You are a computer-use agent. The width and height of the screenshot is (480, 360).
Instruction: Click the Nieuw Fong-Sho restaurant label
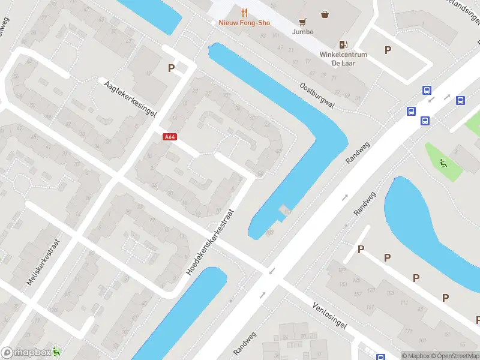[244, 23]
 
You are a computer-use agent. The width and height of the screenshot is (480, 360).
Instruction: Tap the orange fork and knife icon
[244, 12]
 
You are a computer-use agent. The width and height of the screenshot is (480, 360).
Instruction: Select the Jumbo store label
[302, 32]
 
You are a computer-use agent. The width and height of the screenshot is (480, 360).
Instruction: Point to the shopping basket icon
[325, 14]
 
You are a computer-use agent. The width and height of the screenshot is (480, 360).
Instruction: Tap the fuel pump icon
[343, 44]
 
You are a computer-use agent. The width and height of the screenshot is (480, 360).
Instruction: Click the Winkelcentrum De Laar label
[343, 58]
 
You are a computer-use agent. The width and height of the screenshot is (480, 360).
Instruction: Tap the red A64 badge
[170, 137]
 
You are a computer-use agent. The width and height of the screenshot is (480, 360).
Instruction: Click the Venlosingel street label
[329, 314]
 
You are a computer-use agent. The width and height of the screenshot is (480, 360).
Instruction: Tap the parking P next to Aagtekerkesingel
[172, 68]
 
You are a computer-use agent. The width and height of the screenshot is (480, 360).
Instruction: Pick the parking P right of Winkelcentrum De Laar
[388, 50]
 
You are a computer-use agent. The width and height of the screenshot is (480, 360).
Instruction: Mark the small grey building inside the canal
[283, 210]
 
